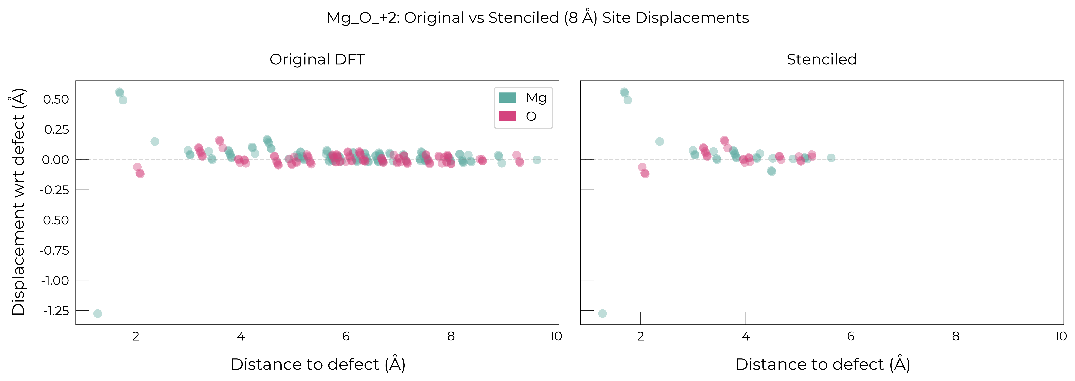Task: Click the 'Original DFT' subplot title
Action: (x=317, y=59)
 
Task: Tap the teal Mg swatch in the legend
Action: (x=507, y=98)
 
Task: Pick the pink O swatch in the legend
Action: (x=507, y=116)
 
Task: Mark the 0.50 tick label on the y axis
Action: (x=56, y=99)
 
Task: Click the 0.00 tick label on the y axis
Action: (x=56, y=160)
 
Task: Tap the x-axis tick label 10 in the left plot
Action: (x=555, y=336)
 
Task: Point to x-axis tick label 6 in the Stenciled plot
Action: (x=850, y=336)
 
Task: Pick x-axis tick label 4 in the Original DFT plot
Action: (x=241, y=336)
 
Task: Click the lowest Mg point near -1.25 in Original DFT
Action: (x=98, y=314)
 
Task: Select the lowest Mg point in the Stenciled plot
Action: (x=602, y=314)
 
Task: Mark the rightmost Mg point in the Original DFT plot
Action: (x=537, y=160)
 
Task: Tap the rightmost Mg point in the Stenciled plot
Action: (x=831, y=158)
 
